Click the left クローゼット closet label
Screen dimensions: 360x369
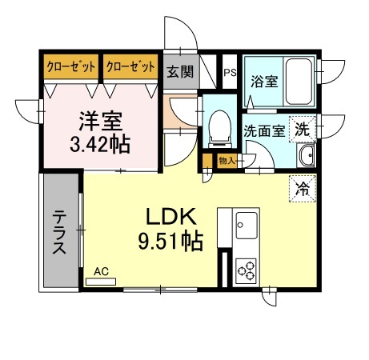coord(72,67)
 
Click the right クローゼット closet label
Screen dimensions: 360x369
coord(130,67)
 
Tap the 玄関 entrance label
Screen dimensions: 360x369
coord(180,71)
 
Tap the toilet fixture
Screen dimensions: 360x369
coord(216,127)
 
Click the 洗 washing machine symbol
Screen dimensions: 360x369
coord(302,127)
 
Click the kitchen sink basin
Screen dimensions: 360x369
coord(245,223)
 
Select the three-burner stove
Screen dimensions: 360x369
coord(244,271)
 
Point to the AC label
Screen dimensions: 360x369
coord(101,272)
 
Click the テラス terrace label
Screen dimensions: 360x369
coord(60,232)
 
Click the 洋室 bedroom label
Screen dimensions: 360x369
coord(100,122)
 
